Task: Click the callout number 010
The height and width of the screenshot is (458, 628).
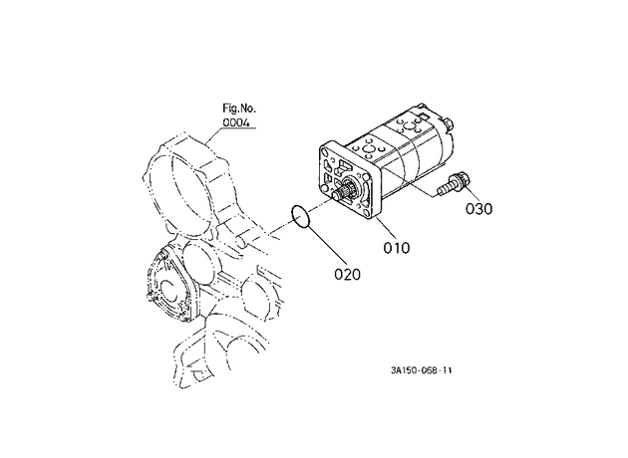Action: [397, 248]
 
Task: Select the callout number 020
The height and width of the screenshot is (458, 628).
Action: [347, 275]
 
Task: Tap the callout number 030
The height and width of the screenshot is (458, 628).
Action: [479, 209]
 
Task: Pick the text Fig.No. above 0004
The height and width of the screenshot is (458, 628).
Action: [239, 108]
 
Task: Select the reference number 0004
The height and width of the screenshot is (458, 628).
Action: [236, 122]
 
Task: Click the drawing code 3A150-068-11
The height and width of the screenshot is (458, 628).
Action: [422, 370]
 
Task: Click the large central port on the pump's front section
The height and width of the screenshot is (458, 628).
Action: [367, 150]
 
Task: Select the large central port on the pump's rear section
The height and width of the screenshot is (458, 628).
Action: [409, 127]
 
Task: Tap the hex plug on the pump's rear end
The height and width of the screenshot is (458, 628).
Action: [448, 123]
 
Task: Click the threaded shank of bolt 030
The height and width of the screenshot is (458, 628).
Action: [445, 188]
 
